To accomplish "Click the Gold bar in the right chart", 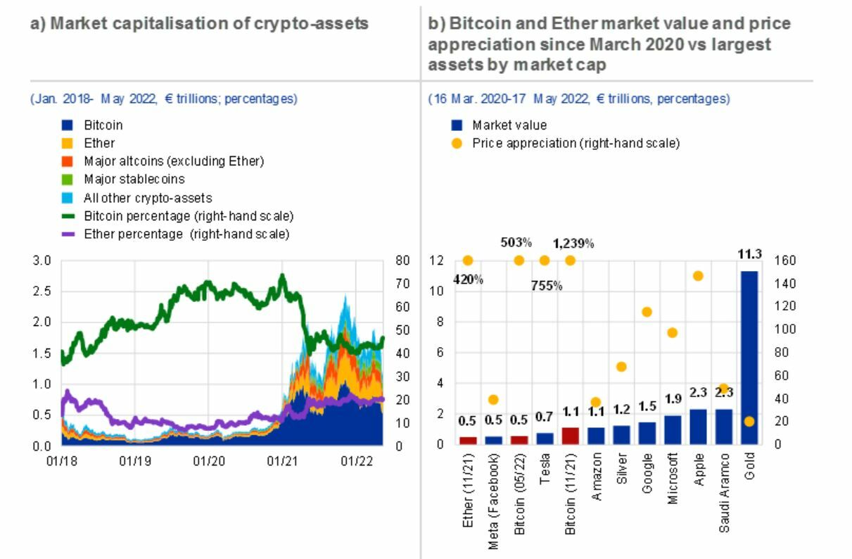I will (749, 357).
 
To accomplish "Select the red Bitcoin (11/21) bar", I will (570, 436).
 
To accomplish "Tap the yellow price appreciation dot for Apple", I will (698, 276).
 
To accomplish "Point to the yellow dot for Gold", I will (749, 421).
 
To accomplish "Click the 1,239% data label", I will (573, 244).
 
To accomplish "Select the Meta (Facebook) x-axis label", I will (494, 500).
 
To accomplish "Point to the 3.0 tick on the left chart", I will (43, 260).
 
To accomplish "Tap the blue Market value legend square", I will (457, 125).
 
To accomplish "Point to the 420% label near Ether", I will (468, 279).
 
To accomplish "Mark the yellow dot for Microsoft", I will (672, 333).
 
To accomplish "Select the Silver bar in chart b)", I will (621, 435).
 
